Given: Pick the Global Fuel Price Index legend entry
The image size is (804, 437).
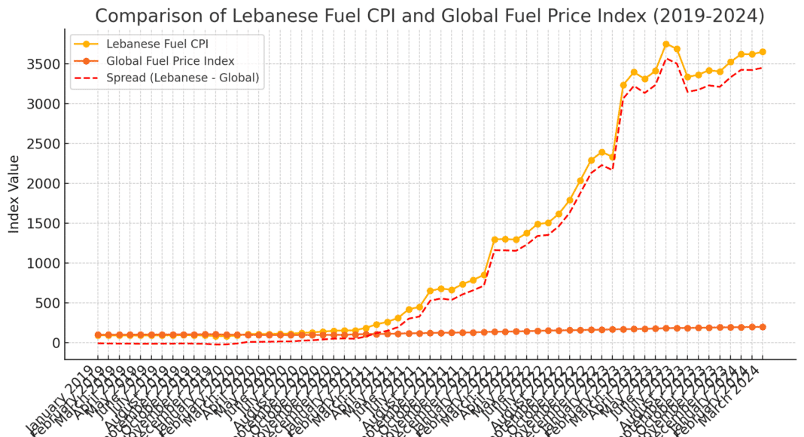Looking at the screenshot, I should tap(170, 60).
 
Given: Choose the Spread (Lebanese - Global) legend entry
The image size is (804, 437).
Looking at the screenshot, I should tap(183, 77).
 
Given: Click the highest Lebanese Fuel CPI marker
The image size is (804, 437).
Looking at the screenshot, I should tap(666, 44).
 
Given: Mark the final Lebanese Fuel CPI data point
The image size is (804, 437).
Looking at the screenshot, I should tap(763, 52).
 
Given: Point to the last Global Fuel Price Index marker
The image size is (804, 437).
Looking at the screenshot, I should tap(763, 327).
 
